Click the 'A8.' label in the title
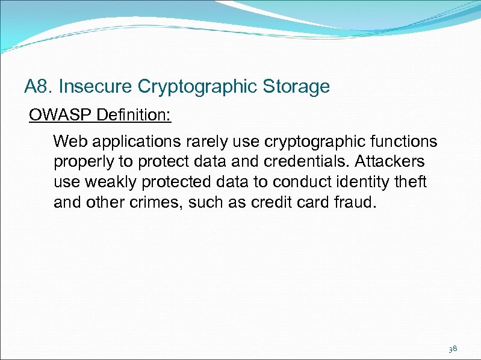click(x=39, y=87)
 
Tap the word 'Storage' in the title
click(x=296, y=87)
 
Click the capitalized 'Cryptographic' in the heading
click(x=200, y=87)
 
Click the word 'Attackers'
click(x=391, y=163)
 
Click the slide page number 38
click(x=453, y=349)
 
